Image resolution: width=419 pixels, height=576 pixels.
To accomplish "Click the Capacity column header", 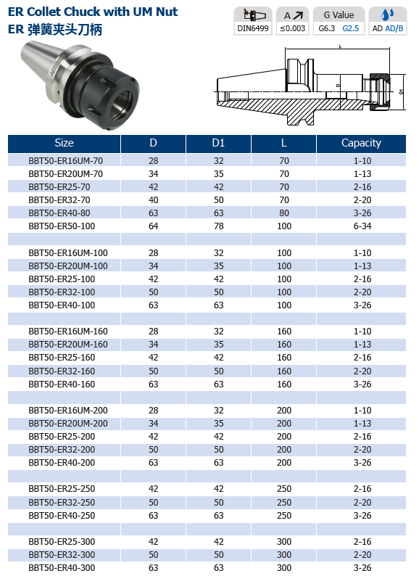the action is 361,143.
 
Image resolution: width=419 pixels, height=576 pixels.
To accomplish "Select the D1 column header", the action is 218,143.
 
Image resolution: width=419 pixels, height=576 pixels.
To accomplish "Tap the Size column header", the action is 64,143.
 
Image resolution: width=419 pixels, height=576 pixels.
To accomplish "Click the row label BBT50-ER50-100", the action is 62,226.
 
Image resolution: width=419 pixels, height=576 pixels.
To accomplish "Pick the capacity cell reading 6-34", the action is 362,226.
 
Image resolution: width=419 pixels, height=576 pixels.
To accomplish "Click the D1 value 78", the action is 218,226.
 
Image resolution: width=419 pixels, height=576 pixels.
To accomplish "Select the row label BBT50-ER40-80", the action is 59,213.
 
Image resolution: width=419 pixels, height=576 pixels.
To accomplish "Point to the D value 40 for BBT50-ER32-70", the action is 153,200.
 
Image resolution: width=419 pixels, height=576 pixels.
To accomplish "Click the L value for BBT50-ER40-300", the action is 284,568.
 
